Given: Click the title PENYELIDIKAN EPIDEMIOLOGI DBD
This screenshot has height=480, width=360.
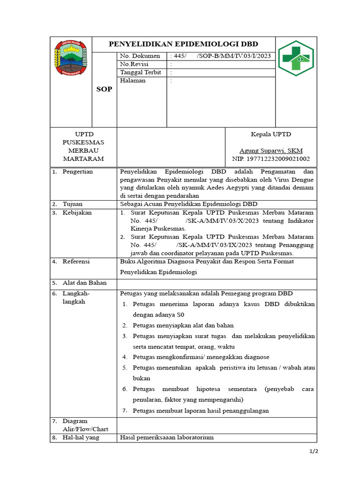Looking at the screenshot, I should (x=183, y=44).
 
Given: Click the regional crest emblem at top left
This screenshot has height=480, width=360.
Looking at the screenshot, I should (x=71, y=58).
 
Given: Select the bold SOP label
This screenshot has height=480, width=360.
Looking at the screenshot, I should (x=104, y=89).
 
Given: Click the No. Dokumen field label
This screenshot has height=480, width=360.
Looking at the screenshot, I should (x=140, y=56).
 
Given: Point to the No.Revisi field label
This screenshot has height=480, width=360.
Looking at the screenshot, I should (x=134, y=64).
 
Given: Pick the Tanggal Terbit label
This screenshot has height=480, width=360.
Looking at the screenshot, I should (x=141, y=72).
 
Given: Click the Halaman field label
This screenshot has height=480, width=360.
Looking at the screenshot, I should (x=133, y=81).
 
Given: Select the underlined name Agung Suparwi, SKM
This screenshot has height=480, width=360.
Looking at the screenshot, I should (x=271, y=150).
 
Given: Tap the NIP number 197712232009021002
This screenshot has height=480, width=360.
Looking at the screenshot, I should (x=271, y=159).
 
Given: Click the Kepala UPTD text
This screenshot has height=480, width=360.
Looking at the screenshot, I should (x=271, y=134).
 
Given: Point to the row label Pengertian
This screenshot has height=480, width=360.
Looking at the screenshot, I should (x=78, y=172).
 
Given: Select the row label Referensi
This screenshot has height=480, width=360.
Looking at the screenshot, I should (x=77, y=262).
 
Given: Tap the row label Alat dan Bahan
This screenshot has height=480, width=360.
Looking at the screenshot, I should (x=84, y=283).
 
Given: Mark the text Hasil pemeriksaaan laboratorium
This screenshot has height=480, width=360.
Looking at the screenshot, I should (x=167, y=437).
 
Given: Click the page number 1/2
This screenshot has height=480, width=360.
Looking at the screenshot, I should (x=313, y=451).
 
